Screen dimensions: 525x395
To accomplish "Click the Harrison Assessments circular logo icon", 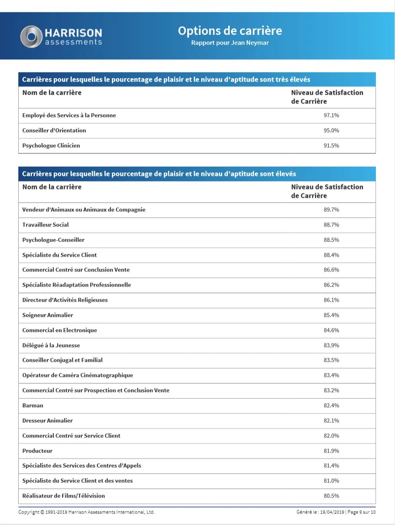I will pyautogui.click(x=31, y=37).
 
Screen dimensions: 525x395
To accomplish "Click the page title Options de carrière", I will pyautogui.click(x=230, y=31).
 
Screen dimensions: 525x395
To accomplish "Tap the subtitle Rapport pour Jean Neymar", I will pyautogui.click(x=230, y=43).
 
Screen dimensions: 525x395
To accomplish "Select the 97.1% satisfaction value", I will pyautogui.click(x=331, y=115).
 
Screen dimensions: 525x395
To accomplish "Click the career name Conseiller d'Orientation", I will pyautogui.click(x=54, y=131).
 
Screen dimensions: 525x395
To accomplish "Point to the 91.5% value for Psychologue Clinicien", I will pyautogui.click(x=331, y=146).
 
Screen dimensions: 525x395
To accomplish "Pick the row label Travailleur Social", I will pyautogui.click(x=45, y=225).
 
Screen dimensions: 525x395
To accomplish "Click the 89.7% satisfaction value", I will pyautogui.click(x=331, y=210).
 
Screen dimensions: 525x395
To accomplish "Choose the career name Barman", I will pyautogui.click(x=33, y=406).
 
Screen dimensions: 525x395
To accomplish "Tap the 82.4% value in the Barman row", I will pyautogui.click(x=331, y=406).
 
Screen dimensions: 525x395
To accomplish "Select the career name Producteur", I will pyautogui.click(x=37, y=451).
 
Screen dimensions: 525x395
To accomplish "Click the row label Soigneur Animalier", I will pyautogui.click(x=48, y=315).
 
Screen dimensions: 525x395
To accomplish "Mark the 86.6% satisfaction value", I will pyautogui.click(x=331, y=270).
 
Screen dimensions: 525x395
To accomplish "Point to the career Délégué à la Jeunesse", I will pyautogui.click(x=51, y=345).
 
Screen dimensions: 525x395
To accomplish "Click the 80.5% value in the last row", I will pyautogui.click(x=331, y=496).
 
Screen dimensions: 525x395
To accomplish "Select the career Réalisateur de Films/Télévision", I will pyautogui.click(x=64, y=496).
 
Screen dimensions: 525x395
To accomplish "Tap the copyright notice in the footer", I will pyautogui.click(x=86, y=512).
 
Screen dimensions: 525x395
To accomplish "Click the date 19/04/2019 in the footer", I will pyautogui.click(x=332, y=512).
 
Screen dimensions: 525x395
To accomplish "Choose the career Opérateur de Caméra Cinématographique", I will pyautogui.click(x=78, y=375).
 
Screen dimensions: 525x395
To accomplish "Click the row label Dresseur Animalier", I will pyautogui.click(x=47, y=421).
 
